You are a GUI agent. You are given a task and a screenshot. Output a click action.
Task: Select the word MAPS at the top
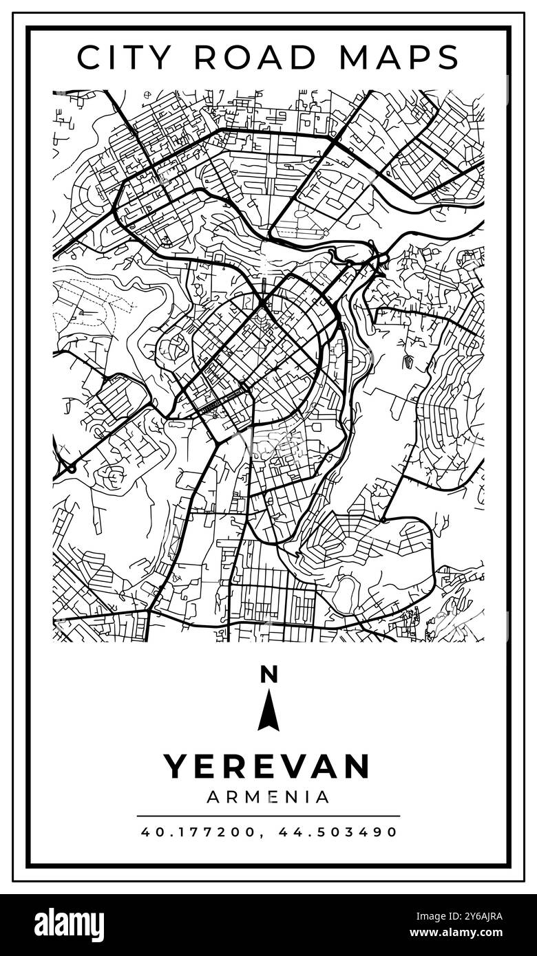pos(399,57)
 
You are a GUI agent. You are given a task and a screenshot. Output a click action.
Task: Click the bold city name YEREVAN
pos(267,766)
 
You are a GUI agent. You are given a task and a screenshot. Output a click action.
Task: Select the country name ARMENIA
pos(268,797)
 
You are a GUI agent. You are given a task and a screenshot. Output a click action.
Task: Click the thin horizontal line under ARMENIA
pos(268,816)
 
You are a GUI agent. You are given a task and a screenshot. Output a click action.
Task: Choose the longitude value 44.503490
pos(338,832)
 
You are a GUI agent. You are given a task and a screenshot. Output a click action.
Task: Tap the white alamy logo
pos(69,925)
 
